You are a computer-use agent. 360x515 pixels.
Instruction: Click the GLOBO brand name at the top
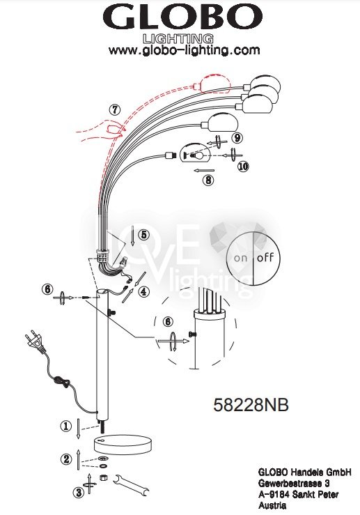[x=183, y=17]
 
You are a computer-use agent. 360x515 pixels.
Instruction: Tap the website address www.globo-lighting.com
[x=184, y=50]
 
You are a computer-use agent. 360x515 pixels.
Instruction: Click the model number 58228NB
[x=251, y=405]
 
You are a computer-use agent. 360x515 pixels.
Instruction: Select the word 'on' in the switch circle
[x=240, y=258]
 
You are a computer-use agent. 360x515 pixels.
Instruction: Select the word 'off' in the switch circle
[x=265, y=257]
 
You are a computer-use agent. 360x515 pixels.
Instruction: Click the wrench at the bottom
[x=131, y=486]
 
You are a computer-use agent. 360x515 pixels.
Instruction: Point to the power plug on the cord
[x=35, y=341]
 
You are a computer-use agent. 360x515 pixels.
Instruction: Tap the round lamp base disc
[x=123, y=444]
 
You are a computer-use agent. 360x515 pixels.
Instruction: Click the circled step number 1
[x=66, y=426]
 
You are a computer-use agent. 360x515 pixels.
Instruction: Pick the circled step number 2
[x=66, y=459]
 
